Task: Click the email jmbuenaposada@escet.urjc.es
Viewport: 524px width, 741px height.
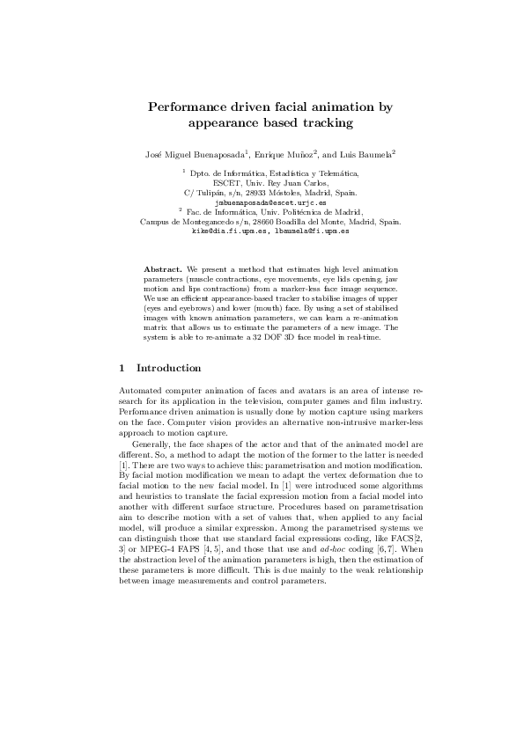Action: pos(265,202)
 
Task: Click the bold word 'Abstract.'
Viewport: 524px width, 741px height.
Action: pos(164,266)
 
